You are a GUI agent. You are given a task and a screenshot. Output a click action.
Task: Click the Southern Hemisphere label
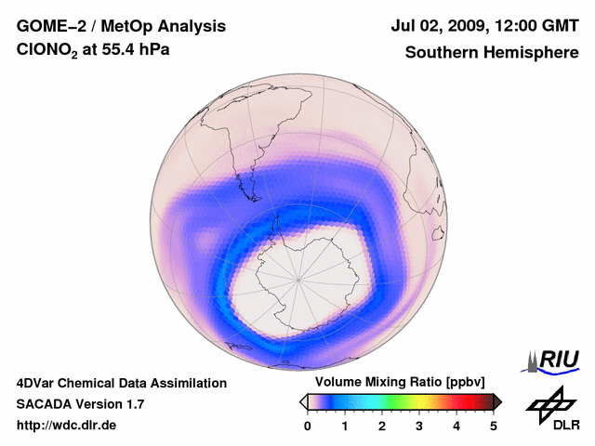(x=491, y=53)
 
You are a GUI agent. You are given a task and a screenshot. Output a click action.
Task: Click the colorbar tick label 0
(x=308, y=426)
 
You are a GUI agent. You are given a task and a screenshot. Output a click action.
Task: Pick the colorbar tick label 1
(x=345, y=426)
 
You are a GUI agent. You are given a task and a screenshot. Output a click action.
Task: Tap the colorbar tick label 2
(x=382, y=426)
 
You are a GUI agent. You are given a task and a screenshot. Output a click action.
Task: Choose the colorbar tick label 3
(x=419, y=426)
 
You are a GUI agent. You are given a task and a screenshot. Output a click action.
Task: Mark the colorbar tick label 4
(x=456, y=426)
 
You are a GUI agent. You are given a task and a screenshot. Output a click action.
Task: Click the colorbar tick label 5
(x=494, y=426)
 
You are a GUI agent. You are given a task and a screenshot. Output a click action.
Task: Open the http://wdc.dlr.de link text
(x=67, y=426)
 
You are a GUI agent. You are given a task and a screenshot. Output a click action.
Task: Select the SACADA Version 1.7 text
(x=80, y=404)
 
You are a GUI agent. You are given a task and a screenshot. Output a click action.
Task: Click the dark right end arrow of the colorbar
(x=497, y=401)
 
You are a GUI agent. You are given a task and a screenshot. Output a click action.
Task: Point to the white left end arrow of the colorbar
(x=303, y=401)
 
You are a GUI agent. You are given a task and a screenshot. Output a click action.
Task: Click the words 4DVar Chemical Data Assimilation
(x=121, y=383)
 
